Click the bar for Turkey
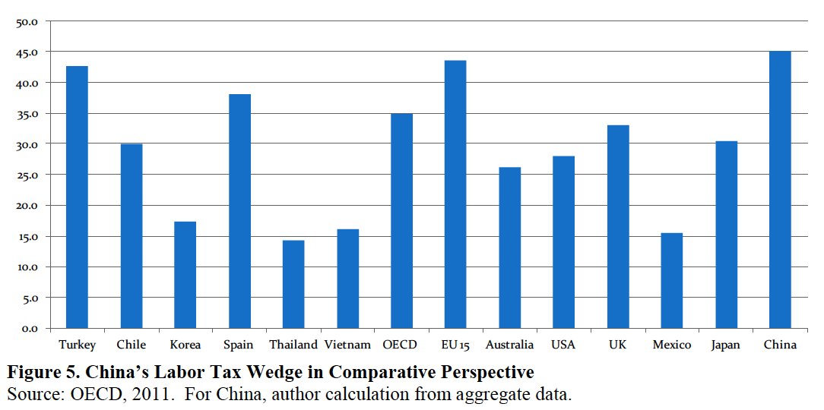[x=77, y=197]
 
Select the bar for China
[x=780, y=190]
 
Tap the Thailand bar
[x=293, y=284]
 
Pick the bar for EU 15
[x=455, y=194]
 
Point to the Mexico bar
[x=672, y=280]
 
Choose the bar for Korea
[x=185, y=275]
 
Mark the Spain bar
[x=239, y=211]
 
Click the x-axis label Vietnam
[x=347, y=345]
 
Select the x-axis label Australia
[x=509, y=345]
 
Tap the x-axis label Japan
[x=725, y=345]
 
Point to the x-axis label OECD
[x=401, y=345]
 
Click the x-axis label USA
[x=563, y=345]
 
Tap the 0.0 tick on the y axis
[x=29, y=329]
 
